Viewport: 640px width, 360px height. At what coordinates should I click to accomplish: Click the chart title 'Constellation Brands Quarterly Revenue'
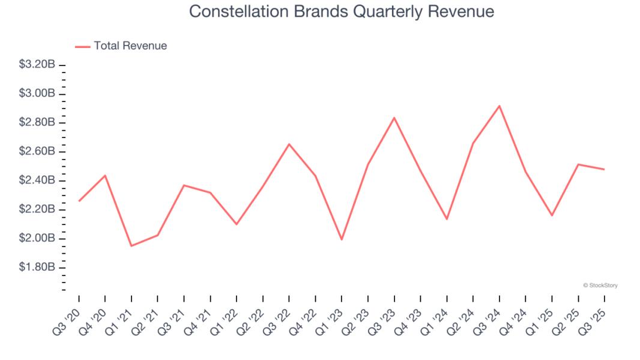(x=342, y=11)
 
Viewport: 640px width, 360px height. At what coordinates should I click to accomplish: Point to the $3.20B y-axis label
(x=38, y=65)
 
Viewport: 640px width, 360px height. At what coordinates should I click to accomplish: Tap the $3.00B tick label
(x=38, y=94)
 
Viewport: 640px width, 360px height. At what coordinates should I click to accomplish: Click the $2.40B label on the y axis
(x=38, y=181)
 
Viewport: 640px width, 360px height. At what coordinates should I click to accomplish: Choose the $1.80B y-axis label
(x=38, y=267)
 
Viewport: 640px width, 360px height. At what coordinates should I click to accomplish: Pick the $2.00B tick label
(x=38, y=238)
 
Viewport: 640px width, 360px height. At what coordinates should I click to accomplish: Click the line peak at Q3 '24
(x=500, y=106)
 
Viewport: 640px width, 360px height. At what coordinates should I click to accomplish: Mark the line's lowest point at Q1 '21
(x=131, y=246)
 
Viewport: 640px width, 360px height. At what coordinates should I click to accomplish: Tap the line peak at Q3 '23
(x=394, y=118)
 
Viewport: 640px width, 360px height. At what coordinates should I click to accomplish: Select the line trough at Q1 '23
(x=342, y=239)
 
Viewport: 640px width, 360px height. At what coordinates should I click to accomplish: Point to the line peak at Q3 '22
(x=289, y=144)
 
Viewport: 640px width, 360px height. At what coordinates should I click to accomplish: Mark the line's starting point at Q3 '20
(x=79, y=201)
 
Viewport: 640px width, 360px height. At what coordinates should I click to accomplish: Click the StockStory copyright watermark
(x=600, y=286)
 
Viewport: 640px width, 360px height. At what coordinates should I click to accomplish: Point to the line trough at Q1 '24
(x=447, y=219)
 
